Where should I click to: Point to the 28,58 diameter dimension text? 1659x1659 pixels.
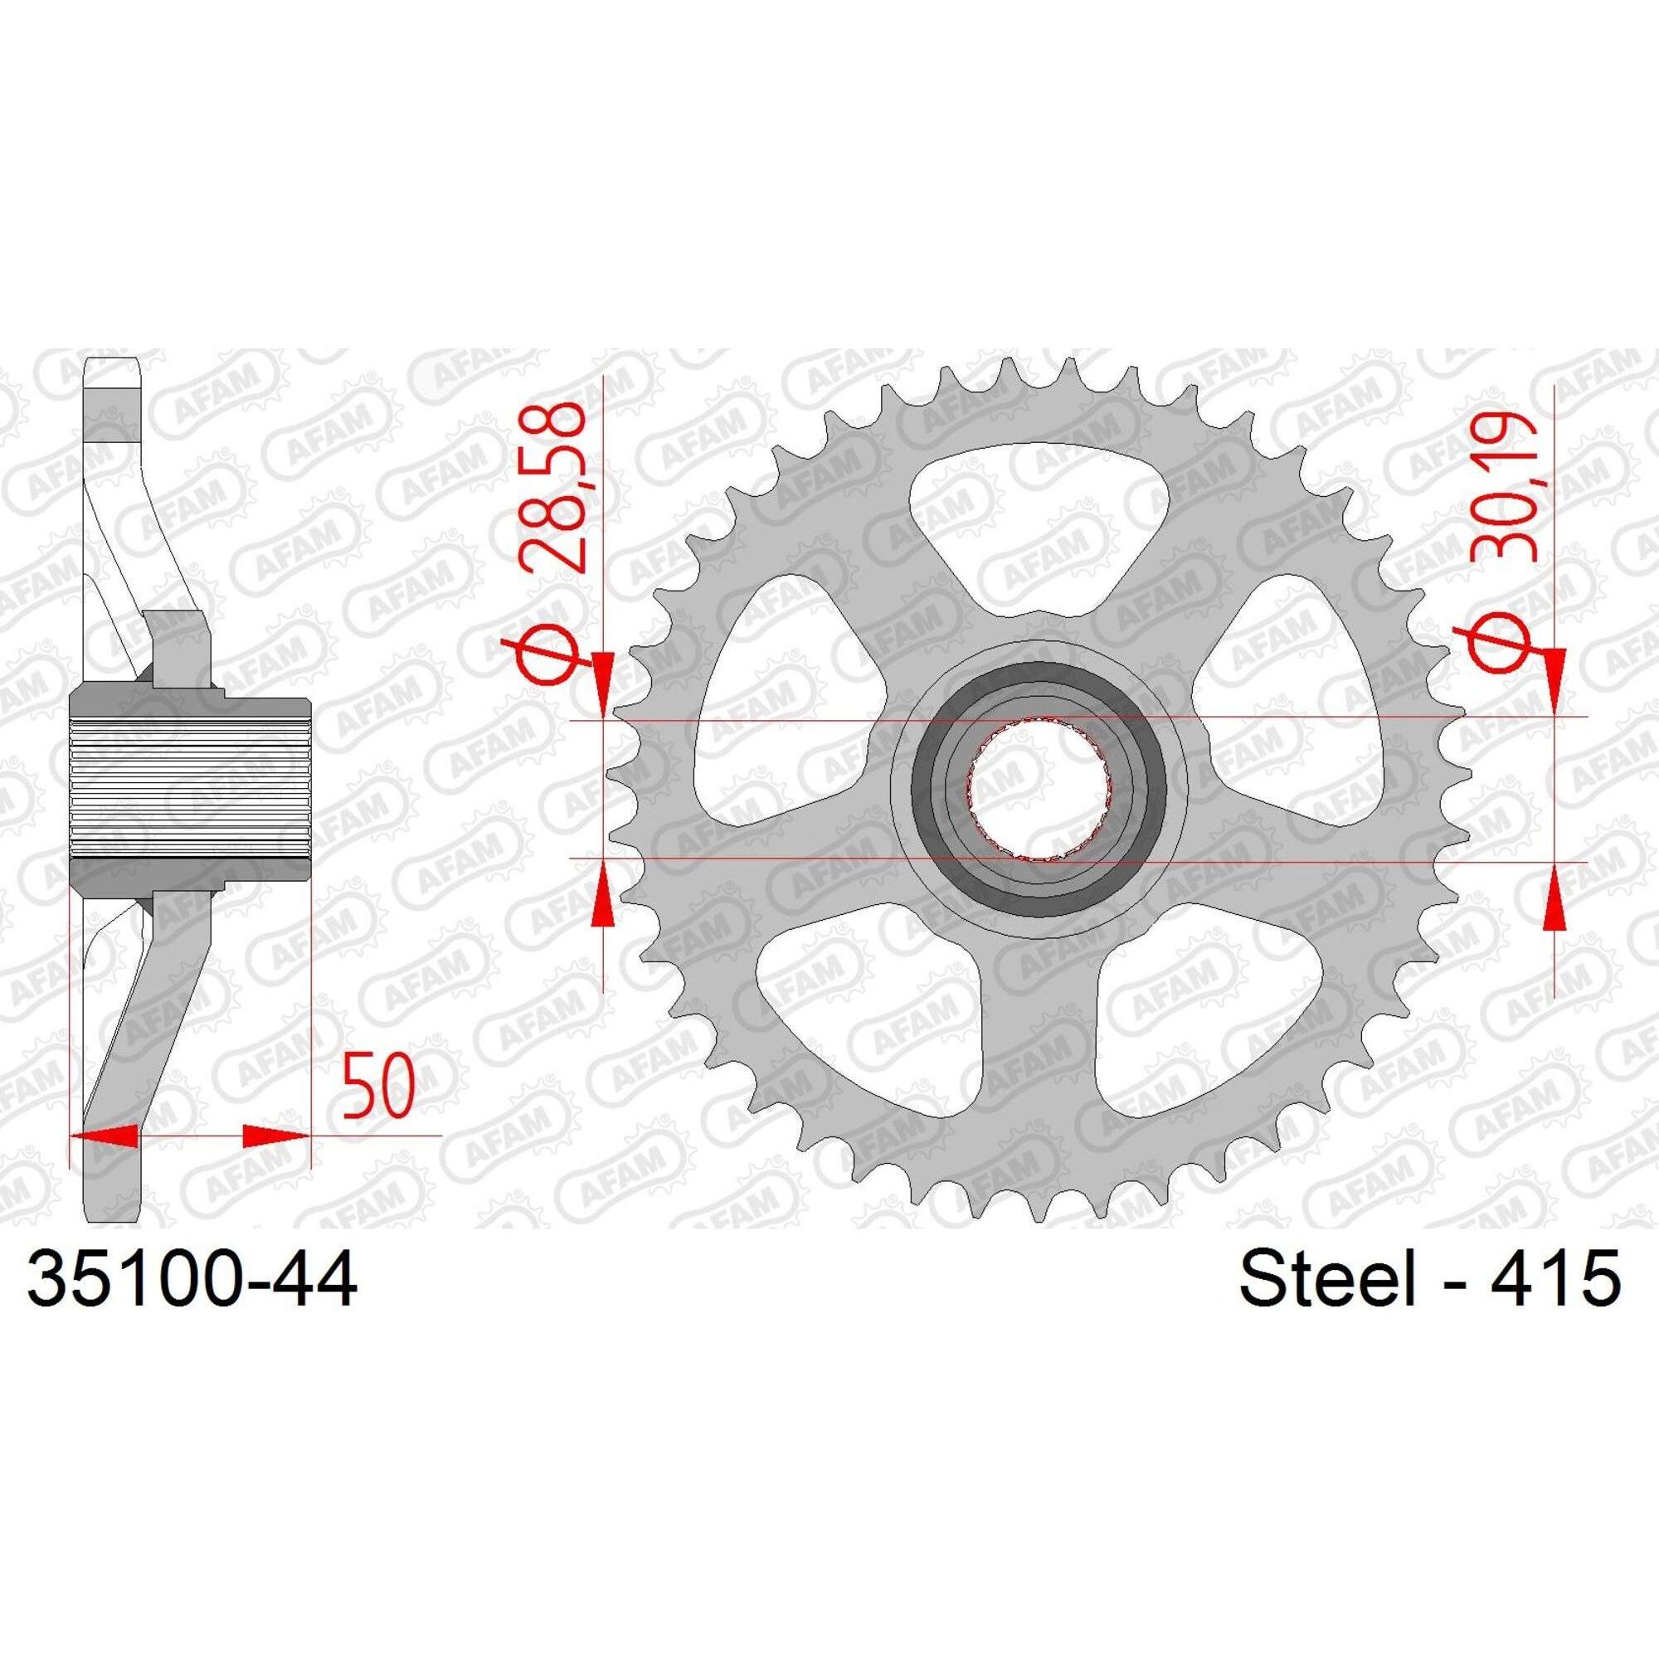557,486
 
